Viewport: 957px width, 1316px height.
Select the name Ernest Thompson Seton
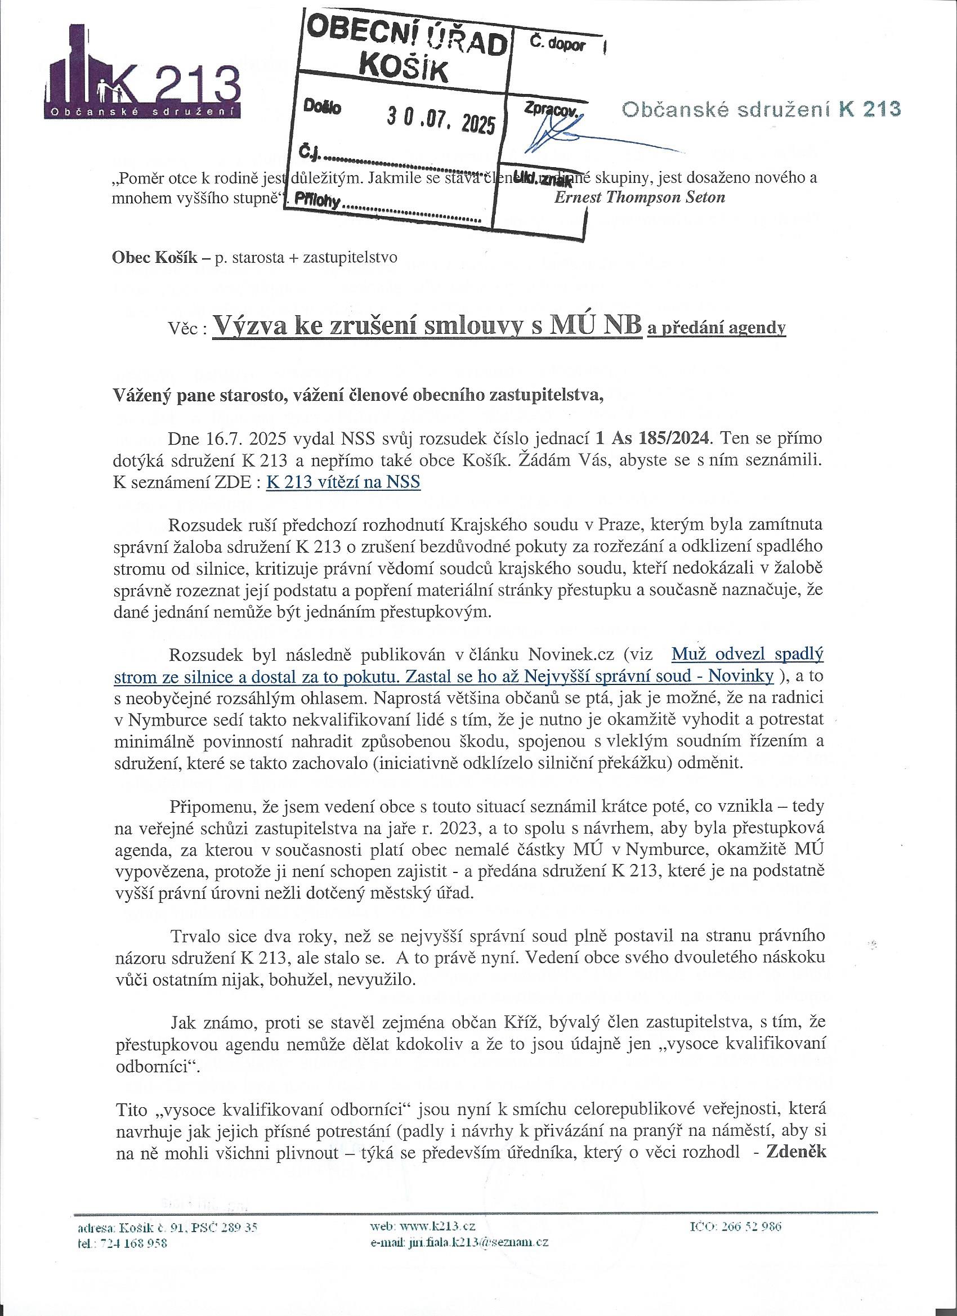[640, 196]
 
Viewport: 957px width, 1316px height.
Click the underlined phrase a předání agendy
[717, 328]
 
